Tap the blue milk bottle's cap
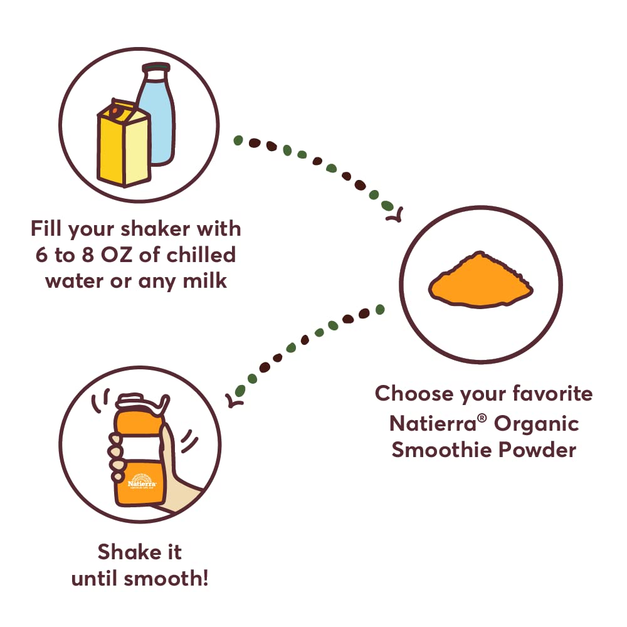coord(156,68)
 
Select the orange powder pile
coord(481,279)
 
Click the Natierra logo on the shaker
coord(142,481)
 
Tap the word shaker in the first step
coord(155,229)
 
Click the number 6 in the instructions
coord(41,255)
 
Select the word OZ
coord(117,255)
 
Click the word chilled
coord(201,255)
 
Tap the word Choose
coord(414,393)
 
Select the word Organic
coord(537,424)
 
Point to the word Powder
coord(538,450)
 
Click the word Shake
coord(129,552)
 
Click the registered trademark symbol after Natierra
coord(482,418)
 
